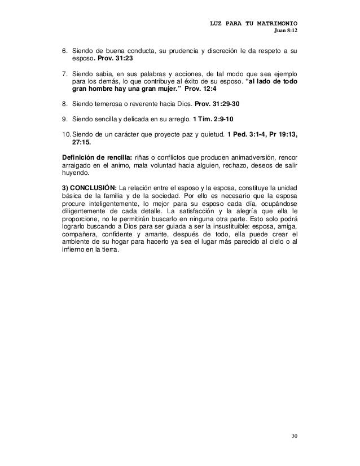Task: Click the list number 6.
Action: [x=64, y=51]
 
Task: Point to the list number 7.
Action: [x=64, y=73]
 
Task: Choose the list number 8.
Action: [x=64, y=104]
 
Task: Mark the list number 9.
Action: [x=64, y=119]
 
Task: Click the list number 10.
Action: [x=65, y=134]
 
